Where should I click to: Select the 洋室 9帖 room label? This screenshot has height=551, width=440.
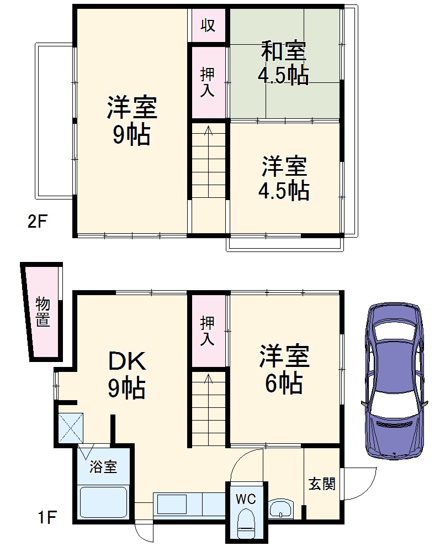pyautogui.click(x=132, y=120)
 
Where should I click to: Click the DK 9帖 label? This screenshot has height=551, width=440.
pyautogui.click(x=126, y=375)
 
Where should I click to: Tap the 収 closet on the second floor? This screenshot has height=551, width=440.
pyautogui.click(x=208, y=25)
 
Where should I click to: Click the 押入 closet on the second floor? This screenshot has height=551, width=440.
pyautogui.click(x=208, y=83)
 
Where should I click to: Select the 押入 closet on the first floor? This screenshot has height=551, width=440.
pyautogui.click(x=208, y=330)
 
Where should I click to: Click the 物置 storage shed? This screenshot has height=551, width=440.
pyautogui.click(x=43, y=312)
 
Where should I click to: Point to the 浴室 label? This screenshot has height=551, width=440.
pyautogui.click(x=103, y=467)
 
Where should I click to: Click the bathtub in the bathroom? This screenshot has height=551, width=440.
pyautogui.click(x=104, y=502)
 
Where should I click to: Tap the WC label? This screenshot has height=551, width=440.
pyautogui.click(x=246, y=499)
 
